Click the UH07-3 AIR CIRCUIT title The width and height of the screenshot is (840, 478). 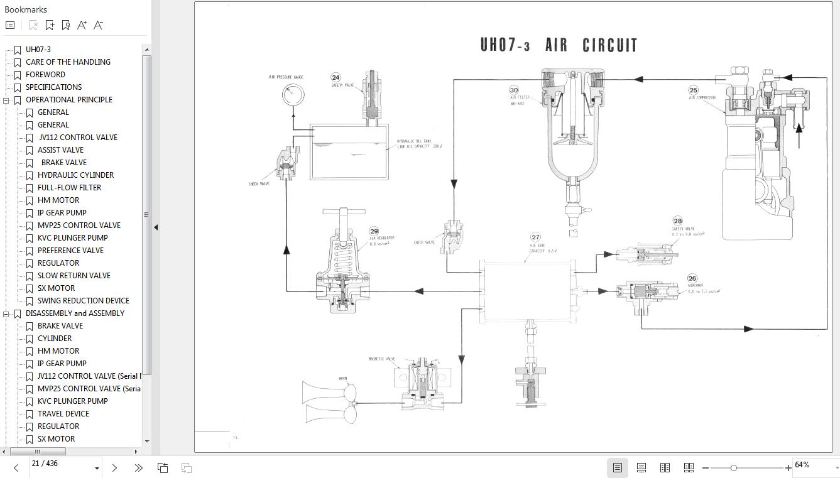pos(559,45)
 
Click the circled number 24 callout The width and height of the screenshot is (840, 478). pos(336,77)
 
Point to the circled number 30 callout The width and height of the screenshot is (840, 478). pos(514,90)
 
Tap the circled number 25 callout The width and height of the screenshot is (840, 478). pos(693,90)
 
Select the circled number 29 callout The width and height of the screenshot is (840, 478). pos(374,231)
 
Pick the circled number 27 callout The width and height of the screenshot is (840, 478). pos(535,237)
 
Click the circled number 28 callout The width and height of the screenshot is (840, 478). pos(677,220)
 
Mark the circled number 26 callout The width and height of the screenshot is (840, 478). pos(692,278)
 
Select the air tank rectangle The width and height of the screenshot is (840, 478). pos(526,292)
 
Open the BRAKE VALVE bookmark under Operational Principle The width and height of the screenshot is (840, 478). pos(63,162)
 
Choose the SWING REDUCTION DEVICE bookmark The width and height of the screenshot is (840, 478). pos(83,300)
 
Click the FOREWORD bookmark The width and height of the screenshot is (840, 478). pos(45,74)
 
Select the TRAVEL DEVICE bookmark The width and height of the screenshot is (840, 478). pos(63,413)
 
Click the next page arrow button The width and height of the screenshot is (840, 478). pos(114,468)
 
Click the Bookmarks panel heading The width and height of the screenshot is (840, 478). pos(26,9)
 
